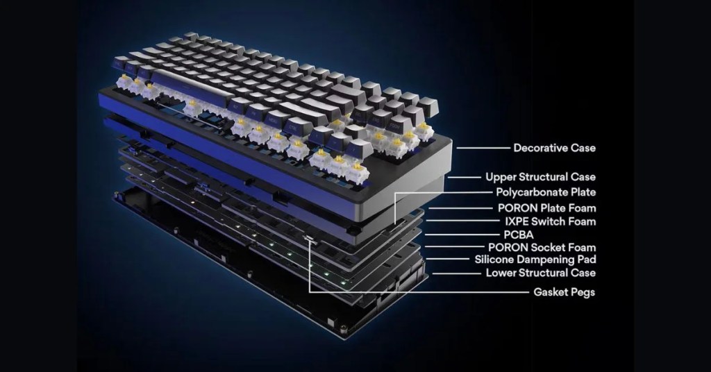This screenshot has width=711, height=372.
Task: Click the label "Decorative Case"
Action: [x=554, y=148]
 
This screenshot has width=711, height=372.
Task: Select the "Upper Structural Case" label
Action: [x=540, y=177]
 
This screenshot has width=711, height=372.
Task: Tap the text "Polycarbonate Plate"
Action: [x=546, y=192]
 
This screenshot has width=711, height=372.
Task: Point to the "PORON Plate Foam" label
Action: [x=547, y=208]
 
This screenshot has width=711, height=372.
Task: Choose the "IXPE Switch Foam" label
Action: [x=551, y=221]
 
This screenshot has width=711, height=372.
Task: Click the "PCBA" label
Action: [x=519, y=235]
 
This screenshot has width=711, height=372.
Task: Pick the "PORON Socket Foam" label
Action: [x=542, y=247]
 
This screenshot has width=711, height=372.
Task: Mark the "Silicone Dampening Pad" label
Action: [x=535, y=260]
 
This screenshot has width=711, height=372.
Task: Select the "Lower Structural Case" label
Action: [x=540, y=273]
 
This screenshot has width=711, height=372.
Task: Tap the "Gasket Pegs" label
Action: [x=564, y=292]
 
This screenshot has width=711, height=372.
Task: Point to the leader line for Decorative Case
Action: [x=483, y=148]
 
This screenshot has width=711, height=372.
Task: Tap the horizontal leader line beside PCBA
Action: [x=462, y=235]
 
